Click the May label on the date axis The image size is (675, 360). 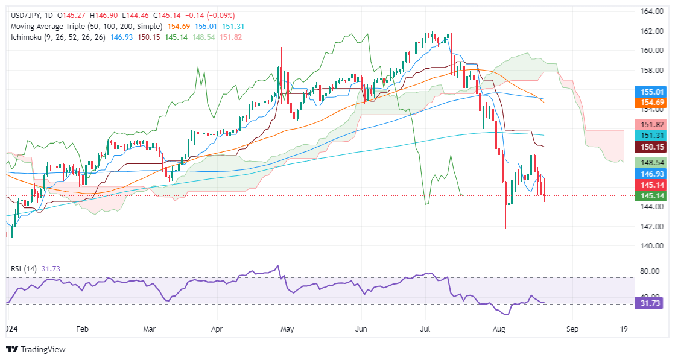tap(288, 329)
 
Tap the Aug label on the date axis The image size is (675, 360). tap(498, 329)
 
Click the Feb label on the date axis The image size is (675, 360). tap(83, 329)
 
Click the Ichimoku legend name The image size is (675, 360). tap(24, 38)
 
